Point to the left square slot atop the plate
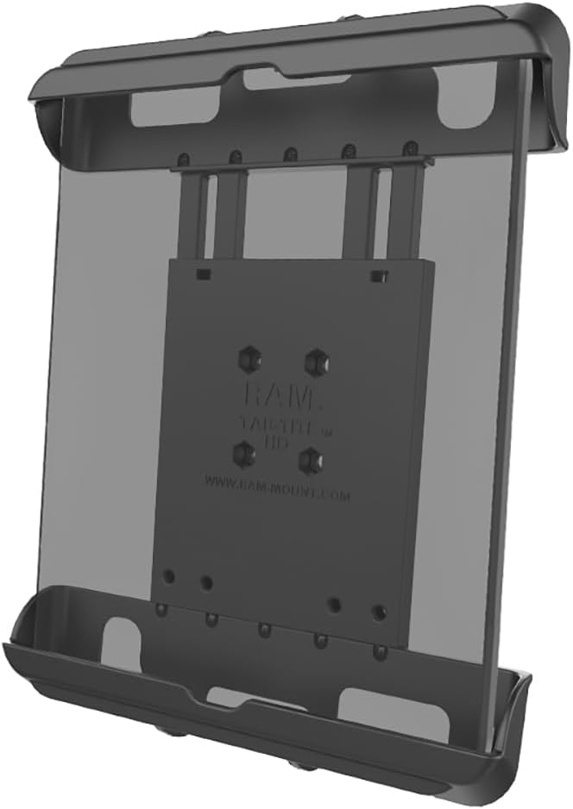pyautogui.click(x=202, y=275)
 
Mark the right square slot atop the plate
pyautogui.click(x=376, y=276)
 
